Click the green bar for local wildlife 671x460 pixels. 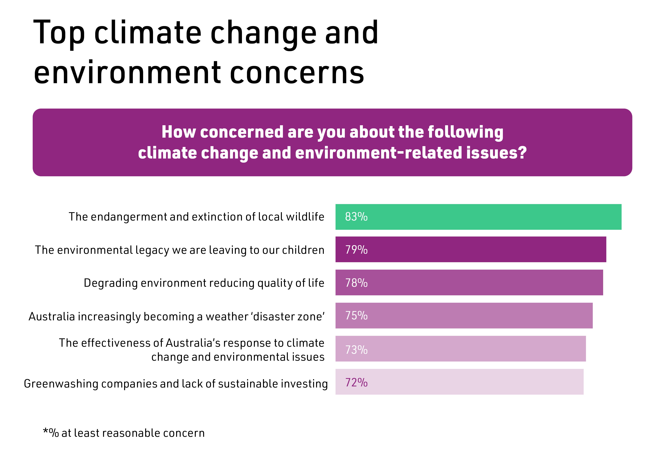click(491, 217)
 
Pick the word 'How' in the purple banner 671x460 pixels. click(178, 132)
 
